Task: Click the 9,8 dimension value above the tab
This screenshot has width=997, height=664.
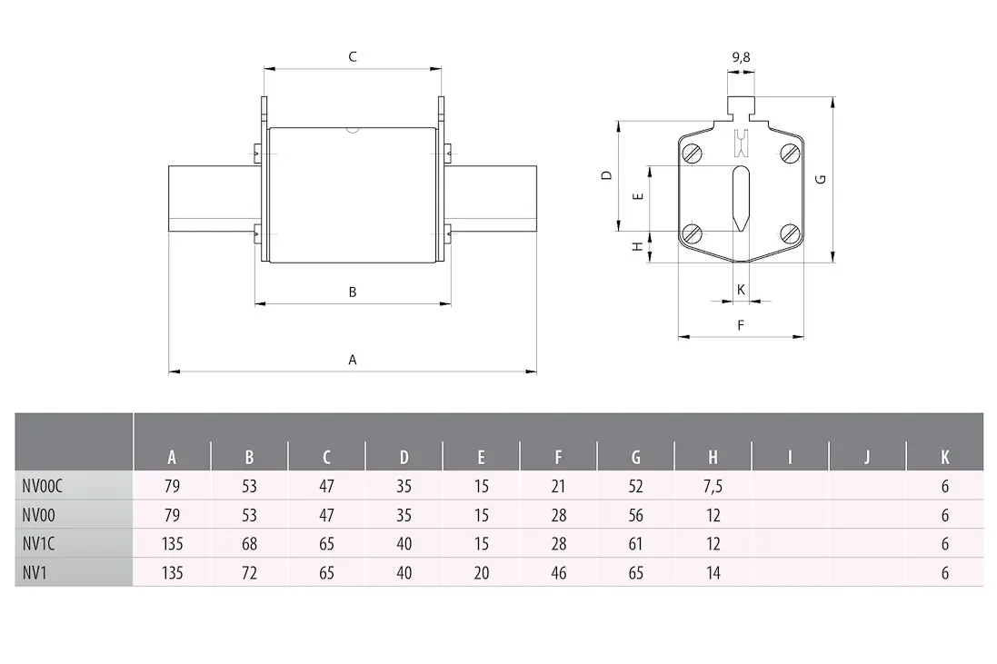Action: (x=741, y=57)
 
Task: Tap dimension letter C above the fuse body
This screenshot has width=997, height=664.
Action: (x=353, y=57)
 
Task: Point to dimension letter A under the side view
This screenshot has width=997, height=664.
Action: (x=353, y=360)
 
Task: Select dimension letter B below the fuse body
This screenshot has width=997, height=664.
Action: (x=353, y=292)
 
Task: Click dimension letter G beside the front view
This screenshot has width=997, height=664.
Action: (x=821, y=179)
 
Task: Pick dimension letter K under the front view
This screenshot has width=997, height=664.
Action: (x=741, y=290)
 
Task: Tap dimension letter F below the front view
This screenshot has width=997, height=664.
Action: (x=741, y=325)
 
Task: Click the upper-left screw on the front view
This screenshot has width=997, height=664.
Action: (x=693, y=154)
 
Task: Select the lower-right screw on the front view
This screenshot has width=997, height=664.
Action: (x=791, y=234)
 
